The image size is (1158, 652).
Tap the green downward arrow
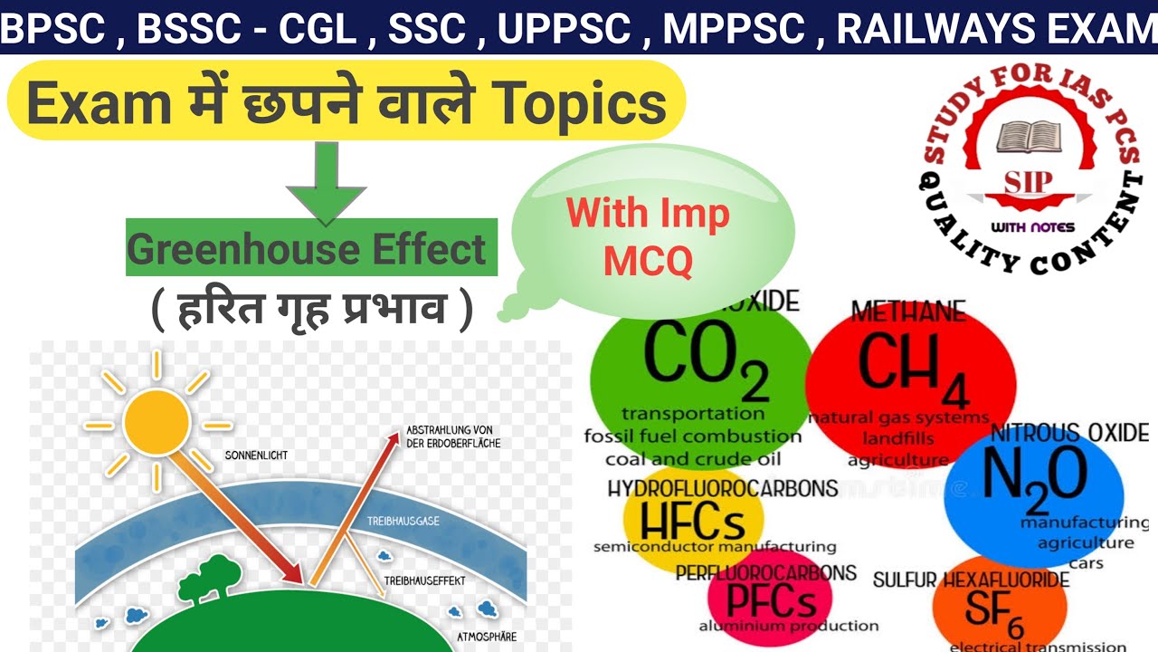click(326, 181)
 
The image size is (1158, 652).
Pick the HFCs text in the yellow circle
click(692, 522)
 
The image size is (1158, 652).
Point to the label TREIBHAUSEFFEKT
click(422, 579)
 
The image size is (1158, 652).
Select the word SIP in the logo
click(1029, 179)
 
